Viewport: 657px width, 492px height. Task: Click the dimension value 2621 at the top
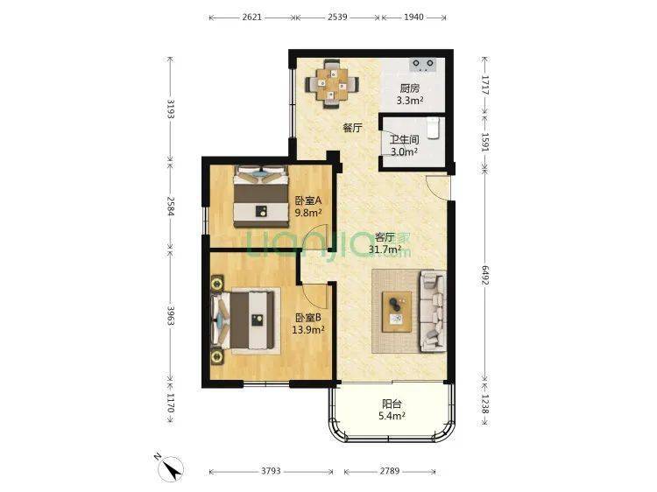click(x=251, y=18)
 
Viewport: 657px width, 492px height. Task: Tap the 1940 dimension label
click(x=413, y=18)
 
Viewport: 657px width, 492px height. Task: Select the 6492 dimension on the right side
click(x=484, y=276)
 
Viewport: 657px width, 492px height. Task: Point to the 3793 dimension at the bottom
click(x=271, y=471)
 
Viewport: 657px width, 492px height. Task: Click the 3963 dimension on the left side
click(x=171, y=316)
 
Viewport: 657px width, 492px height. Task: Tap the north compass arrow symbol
click(x=171, y=467)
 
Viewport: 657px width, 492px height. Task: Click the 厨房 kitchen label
click(x=409, y=88)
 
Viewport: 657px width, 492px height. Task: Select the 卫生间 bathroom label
click(x=405, y=139)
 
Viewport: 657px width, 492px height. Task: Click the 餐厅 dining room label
click(x=352, y=128)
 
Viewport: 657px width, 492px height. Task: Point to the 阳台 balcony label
click(x=392, y=404)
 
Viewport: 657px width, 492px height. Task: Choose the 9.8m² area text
click(x=308, y=212)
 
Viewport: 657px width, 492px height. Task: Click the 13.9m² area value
click(x=308, y=330)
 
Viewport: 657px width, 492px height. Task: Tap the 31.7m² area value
click(x=385, y=250)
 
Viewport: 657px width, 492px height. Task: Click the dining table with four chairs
click(x=332, y=84)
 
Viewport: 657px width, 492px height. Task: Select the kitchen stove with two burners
click(x=423, y=64)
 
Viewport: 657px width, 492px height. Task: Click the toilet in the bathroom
click(x=434, y=128)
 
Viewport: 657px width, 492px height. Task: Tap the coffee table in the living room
click(x=396, y=312)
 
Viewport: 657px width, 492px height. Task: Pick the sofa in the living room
click(x=433, y=311)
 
